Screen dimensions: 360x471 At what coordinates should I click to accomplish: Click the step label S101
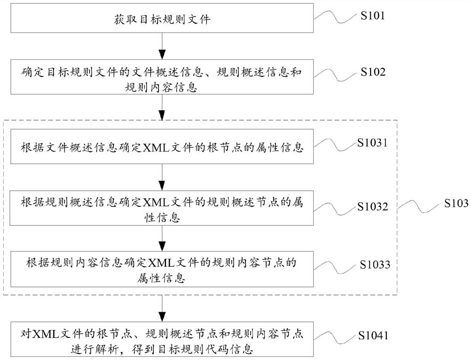373,16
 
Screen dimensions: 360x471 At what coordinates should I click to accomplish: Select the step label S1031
372,143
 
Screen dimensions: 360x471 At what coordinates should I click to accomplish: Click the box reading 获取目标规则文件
162,20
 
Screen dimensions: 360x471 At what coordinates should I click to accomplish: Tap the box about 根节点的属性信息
162,149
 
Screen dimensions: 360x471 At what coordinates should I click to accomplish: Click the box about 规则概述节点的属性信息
162,208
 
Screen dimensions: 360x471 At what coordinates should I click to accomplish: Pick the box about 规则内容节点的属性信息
162,269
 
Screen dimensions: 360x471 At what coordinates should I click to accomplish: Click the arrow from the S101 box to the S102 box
162,47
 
